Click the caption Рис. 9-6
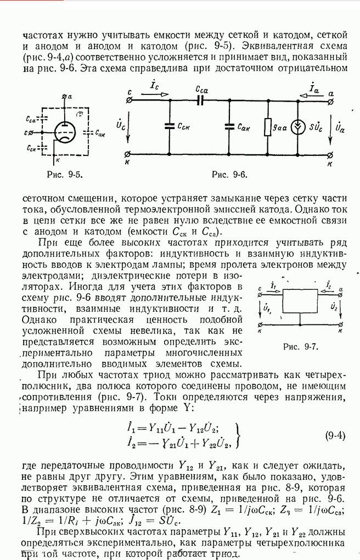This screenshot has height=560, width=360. pyautogui.click(x=229, y=175)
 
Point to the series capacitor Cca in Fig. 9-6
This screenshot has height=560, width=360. pyautogui.click(x=200, y=101)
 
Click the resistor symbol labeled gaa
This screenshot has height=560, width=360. pyautogui.click(x=268, y=127)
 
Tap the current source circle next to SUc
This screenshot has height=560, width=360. pyautogui.click(x=298, y=127)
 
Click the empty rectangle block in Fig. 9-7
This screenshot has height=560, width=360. pyautogui.click(x=300, y=302)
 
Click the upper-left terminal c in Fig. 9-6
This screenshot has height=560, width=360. pyautogui.click(x=128, y=101)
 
